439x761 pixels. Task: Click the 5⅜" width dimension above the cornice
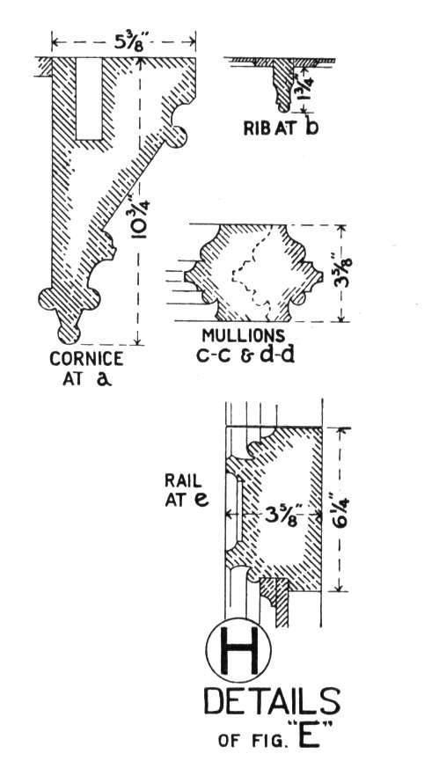click(124, 40)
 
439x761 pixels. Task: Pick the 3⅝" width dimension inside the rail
click(282, 515)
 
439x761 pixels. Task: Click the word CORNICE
click(86, 359)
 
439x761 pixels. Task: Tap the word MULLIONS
click(244, 335)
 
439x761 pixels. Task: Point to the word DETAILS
click(272, 701)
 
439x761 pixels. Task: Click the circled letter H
click(238, 650)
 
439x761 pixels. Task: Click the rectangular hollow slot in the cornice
click(89, 99)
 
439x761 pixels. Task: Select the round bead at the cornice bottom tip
click(69, 333)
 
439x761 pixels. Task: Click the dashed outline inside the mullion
click(253, 272)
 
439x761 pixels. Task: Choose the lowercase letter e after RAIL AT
click(201, 500)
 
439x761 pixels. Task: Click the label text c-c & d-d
click(245, 355)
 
